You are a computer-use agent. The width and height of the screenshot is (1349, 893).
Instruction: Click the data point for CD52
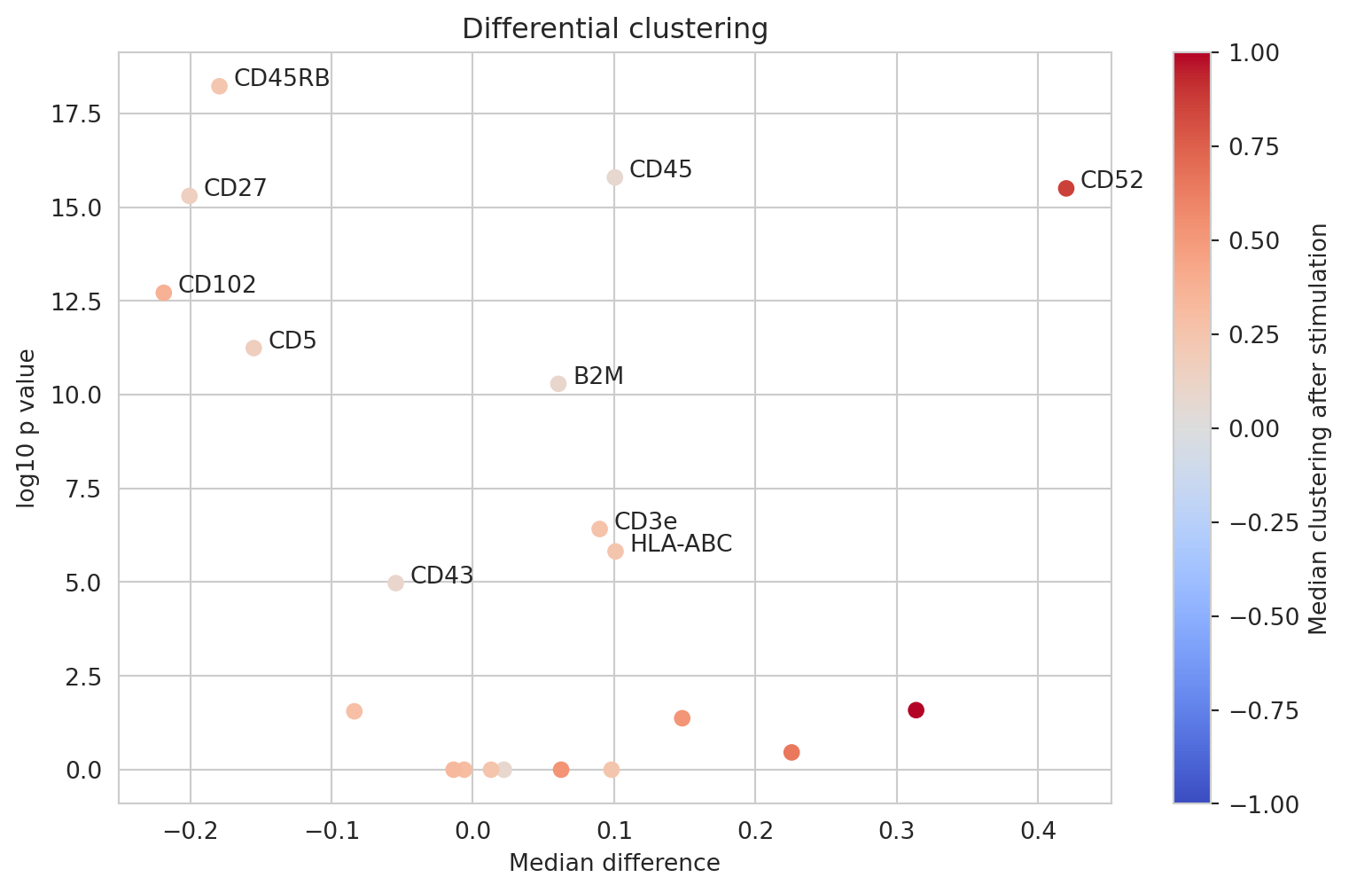(1065, 188)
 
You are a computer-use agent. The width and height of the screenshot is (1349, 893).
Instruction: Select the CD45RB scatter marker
(219, 86)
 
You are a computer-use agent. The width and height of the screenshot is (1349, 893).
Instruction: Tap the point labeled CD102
(164, 293)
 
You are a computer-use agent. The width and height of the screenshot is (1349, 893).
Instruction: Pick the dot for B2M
(558, 384)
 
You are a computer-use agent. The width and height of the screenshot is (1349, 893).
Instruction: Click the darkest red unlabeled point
(916, 710)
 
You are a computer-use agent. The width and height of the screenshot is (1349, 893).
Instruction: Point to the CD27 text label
(235, 188)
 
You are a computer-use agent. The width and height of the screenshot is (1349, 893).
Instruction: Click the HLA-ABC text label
(681, 544)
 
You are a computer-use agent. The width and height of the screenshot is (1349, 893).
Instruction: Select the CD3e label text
(645, 521)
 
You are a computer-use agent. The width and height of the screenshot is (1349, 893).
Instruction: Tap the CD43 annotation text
(441, 576)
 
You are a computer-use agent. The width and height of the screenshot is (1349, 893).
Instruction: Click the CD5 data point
(253, 348)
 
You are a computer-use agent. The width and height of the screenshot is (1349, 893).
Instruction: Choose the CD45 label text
(660, 169)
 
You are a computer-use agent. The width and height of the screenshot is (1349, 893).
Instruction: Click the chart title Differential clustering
(615, 29)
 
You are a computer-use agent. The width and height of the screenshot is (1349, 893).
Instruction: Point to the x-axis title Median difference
(614, 863)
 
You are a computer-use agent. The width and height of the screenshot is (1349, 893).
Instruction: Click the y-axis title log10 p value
(27, 428)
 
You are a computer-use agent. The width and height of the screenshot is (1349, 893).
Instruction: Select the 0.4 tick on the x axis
(1038, 832)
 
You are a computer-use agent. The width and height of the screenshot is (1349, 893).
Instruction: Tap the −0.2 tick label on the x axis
(190, 832)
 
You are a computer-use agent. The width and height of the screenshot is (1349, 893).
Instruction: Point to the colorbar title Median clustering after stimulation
(1319, 428)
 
